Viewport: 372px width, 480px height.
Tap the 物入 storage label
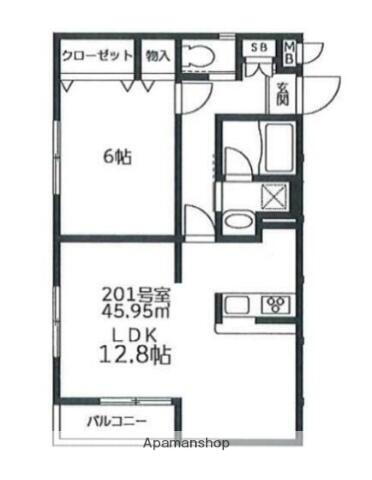tap(156, 57)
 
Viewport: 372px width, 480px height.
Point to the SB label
tap(258, 48)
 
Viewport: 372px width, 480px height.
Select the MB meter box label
tap(289, 51)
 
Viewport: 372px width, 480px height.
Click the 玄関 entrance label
tap(283, 96)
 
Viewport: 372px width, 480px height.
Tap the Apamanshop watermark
tap(187, 442)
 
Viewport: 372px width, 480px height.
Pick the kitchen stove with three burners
tap(274, 304)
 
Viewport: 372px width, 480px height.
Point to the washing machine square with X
tap(273, 196)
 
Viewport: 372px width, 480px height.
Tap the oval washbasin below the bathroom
tap(238, 220)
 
